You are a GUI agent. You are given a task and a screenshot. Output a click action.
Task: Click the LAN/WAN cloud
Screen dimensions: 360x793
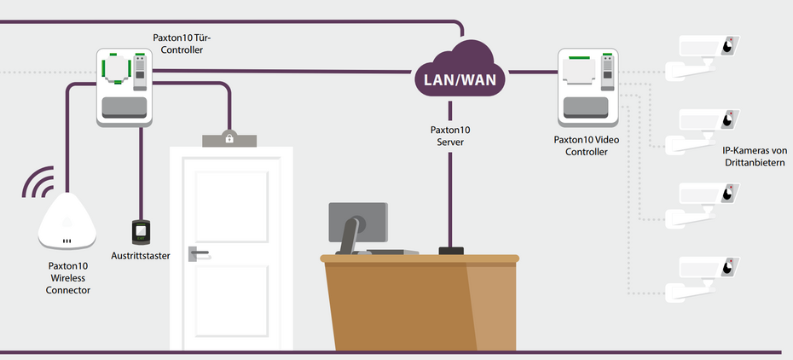pyautogui.click(x=460, y=76)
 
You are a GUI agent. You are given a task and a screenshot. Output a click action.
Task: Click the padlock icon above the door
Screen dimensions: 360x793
pyautogui.click(x=229, y=136)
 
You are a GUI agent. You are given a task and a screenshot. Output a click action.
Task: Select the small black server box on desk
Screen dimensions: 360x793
pyautogui.click(x=450, y=251)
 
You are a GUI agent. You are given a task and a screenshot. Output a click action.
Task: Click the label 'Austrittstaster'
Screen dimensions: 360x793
pyautogui.click(x=141, y=255)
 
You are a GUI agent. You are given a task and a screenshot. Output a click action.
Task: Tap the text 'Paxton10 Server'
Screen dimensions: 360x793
pyautogui.click(x=449, y=136)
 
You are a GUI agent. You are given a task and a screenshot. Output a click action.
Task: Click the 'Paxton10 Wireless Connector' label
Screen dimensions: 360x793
pyautogui.click(x=69, y=278)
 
